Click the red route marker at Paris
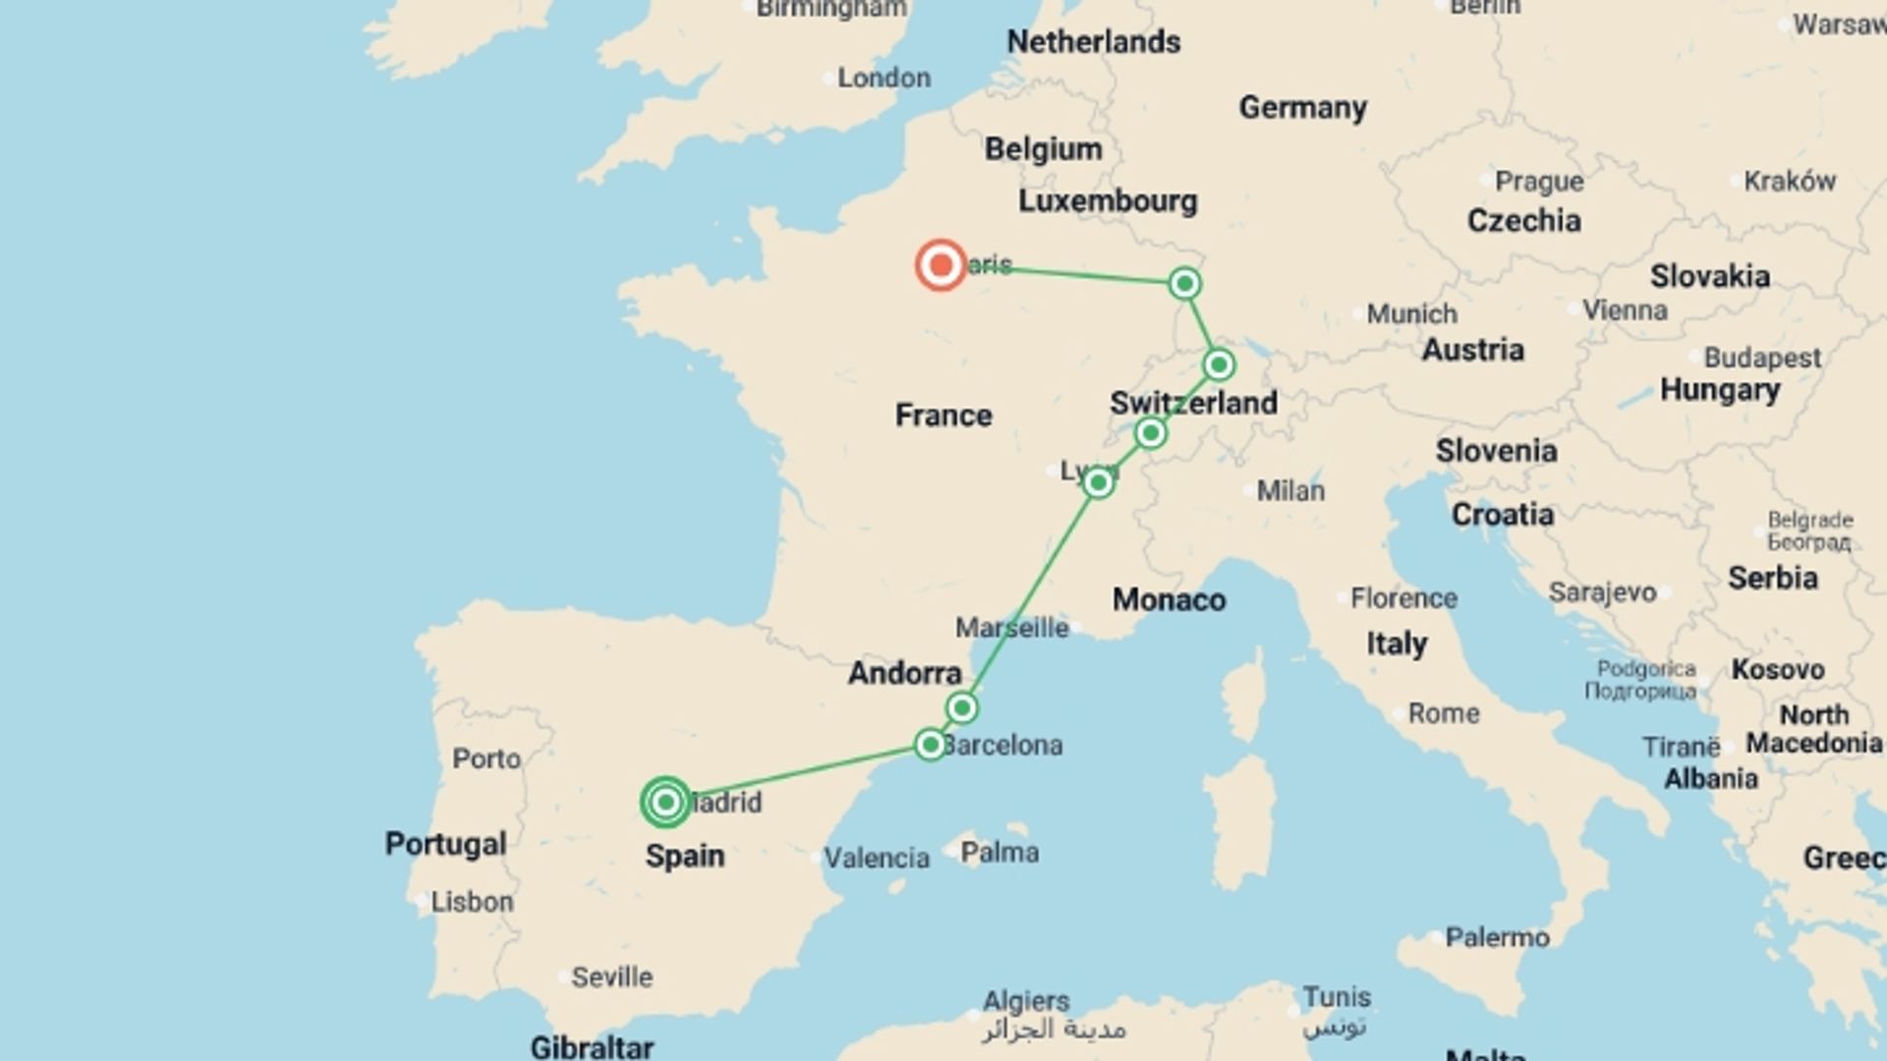tap(941, 265)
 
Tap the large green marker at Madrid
tap(665, 803)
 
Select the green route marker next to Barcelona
tap(930, 745)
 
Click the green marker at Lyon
tap(1098, 482)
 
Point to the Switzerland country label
tap(1193, 403)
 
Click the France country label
tap(943, 416)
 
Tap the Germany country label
tap(1302, 107)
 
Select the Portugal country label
tap(445, 844)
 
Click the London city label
tap(883, 78)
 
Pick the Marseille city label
tap(1011, 628)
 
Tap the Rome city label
tap(1443, 713)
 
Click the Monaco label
tap(1169, 599)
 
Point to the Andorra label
tap(904, 673)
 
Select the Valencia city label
tap(876, 858)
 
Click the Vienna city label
tap(1625, 310)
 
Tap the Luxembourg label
tap(1108, 201)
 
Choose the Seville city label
tap(611, 977)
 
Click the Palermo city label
tap(1497, 937)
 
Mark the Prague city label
tap(1538, 182)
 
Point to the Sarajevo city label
tap(1602, 592)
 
